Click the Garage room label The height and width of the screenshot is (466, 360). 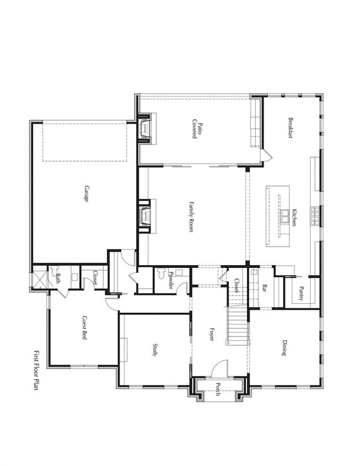click(86, 193)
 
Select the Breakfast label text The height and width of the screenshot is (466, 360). click(290, 128)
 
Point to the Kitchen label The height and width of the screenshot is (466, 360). click(295, 217)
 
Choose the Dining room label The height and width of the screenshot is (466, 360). click(284, 350)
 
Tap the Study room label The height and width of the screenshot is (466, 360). click(156, 349)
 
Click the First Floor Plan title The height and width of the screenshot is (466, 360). click(37, 371)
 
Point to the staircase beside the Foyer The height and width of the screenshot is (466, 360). click(237, 327)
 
